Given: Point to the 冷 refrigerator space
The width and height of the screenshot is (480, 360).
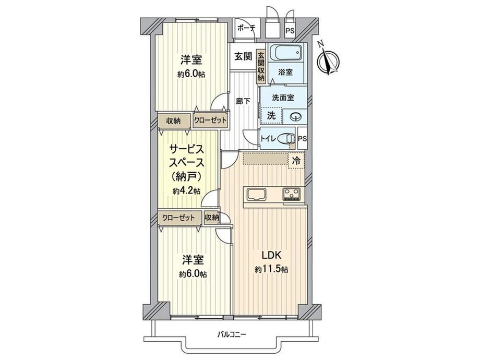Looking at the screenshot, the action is click(x=296, y=161).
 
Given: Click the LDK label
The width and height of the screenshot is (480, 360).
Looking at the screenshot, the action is click(x=271, y=255).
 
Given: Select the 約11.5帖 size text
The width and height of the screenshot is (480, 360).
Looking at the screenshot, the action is click(x=271, y=269).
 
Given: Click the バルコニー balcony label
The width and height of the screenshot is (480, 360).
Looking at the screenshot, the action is click(x=232, y=334).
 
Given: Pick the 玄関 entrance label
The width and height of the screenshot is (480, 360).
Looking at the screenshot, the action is click(x=243, y=56).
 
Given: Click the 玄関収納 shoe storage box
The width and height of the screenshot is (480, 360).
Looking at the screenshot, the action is click(x=261, y=66).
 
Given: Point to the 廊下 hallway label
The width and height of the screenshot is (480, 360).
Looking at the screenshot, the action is click(x=243, y=101).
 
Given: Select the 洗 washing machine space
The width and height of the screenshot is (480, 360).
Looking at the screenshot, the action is click(x=271, y=115).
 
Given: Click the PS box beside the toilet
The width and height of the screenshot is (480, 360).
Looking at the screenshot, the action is click(x=303, y=138).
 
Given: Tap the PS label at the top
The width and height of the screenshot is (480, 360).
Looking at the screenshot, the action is click(x=290, y=31).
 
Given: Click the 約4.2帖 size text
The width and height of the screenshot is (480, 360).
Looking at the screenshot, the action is click(x=186, y=191).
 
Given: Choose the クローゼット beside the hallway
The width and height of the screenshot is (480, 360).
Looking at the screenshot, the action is click(x=210, y=120).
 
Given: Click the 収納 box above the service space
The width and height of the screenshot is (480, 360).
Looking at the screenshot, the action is click(x=174, y=121).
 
